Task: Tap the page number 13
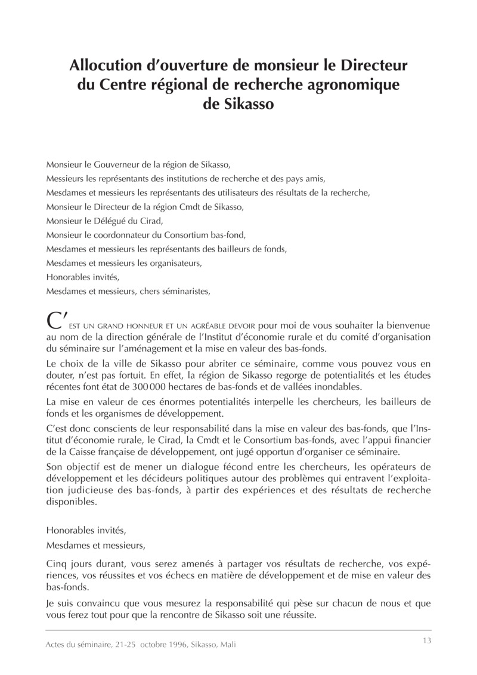click(x=426, y=641)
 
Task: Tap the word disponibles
click(x=70, y=502)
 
